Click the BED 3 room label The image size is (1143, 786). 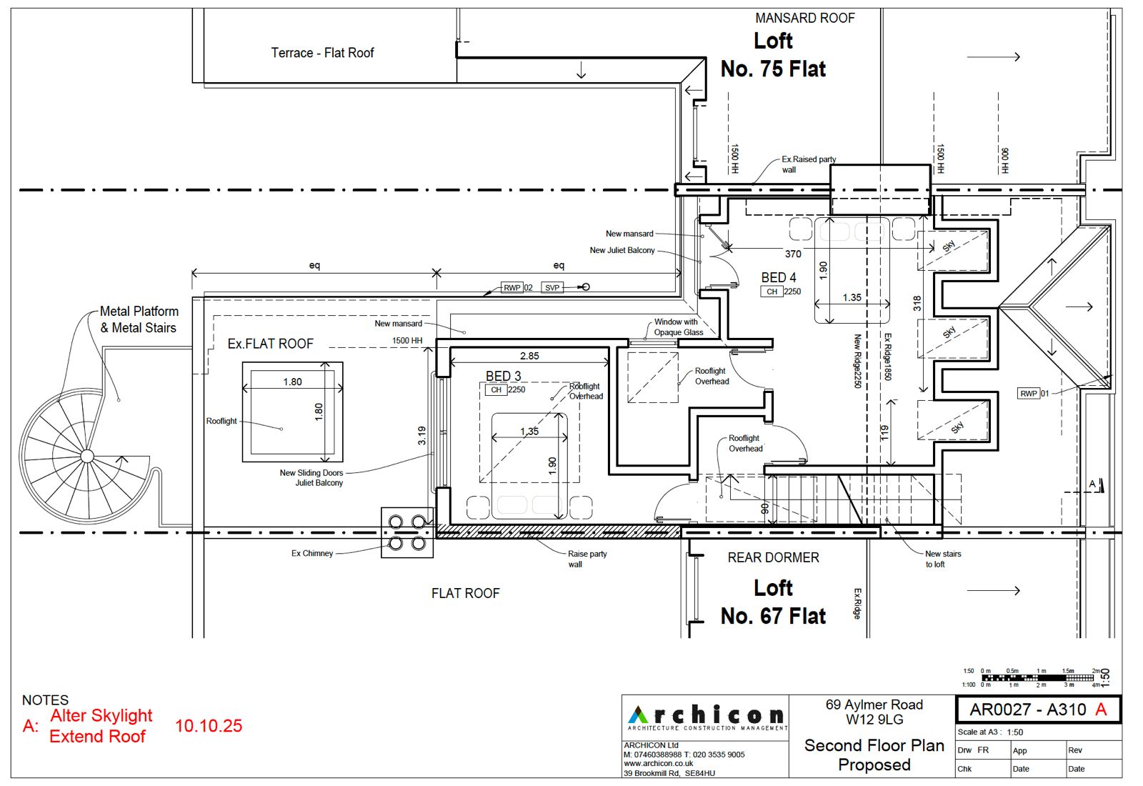pos(503,376)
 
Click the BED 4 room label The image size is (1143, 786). pos(778,277)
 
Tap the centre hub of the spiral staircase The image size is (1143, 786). pos(87,456)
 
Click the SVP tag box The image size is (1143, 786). pos(552,287)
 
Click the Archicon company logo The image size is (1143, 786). pos(706,717)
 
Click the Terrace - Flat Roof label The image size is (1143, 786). pos(322,53)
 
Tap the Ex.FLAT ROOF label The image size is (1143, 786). pos(270,344)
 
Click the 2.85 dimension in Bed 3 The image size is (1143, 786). pos(529,356)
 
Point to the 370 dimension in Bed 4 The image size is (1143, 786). pos(793,254)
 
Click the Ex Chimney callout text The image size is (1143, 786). pos(312,553)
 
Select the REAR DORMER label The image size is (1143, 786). pos(773,557)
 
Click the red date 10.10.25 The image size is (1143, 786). pos(209,726)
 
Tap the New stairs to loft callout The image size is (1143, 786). pos(942,559)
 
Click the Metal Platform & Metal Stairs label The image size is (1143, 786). pos(139,319)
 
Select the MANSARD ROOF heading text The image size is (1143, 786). pos(804,18)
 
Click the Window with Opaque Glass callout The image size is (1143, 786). pos(677,327)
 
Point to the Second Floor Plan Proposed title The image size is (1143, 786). pos(874,755)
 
